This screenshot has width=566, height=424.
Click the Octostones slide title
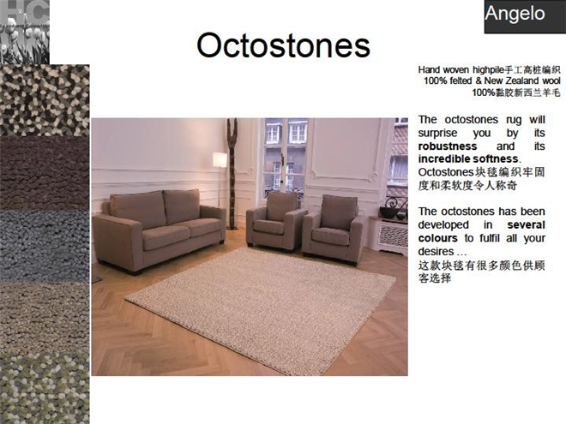[x=283, y=45]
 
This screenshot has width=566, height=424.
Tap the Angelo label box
[x=525, y=16]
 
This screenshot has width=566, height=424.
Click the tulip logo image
[x=25, y=32]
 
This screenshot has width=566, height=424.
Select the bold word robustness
[x=448, y=146]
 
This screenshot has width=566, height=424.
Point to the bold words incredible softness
[x=468, y=159]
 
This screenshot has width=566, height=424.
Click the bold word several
[x=526, y=225]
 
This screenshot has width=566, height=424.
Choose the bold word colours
[x=437, y=238]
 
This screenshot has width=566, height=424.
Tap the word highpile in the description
[x=488, y=70]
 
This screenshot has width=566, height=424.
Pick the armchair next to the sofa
[x=276, y=221]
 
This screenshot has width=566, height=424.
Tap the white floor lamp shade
[x=220, y=160]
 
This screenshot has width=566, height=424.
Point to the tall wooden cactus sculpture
[x=232, y=174]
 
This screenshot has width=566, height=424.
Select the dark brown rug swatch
[x=45, y=173]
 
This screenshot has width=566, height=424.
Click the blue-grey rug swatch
[x=45, y=245]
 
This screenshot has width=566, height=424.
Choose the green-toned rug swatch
[x=45, y=389]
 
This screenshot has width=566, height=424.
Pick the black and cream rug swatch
[x=45, y=100]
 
